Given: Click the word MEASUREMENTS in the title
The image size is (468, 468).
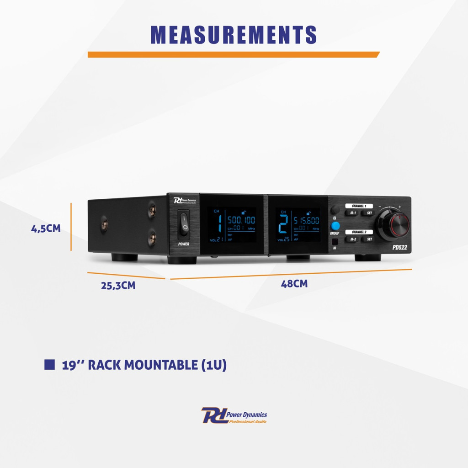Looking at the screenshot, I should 234,35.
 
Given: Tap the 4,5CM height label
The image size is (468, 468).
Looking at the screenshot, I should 46,228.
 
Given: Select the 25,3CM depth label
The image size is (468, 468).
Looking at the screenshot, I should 118,286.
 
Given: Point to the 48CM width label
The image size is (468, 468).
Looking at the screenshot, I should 294,284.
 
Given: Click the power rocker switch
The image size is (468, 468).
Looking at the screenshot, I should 183,223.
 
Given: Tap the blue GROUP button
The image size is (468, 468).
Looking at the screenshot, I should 335,225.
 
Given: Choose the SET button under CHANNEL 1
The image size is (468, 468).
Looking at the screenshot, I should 369,213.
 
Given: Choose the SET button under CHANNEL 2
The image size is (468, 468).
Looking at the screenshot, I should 369,239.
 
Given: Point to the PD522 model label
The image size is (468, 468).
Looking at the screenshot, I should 387,247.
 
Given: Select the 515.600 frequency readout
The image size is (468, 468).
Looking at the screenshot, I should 306,219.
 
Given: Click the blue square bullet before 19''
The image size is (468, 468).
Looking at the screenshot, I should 49,365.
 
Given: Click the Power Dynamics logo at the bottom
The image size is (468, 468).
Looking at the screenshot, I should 234,415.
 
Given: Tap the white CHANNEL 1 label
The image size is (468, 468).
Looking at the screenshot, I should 359,207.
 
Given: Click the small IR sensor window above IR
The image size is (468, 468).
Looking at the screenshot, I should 335,241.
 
